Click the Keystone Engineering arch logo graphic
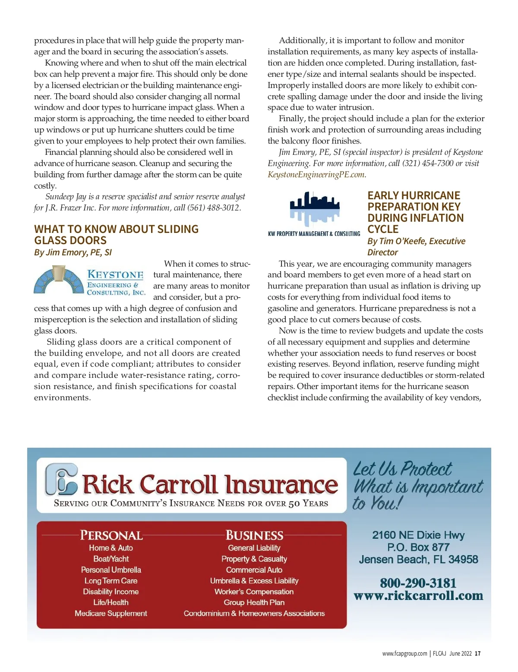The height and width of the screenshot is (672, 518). [x=59, y=280]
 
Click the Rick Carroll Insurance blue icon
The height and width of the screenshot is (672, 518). [x=62, y=479]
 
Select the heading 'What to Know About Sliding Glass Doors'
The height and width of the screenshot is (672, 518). [x=116, y=235]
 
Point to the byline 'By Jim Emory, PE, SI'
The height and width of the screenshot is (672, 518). [x=73, y=252]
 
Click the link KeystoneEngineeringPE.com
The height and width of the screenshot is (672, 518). [x=316, y=175]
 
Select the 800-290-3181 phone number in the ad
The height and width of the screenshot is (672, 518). [x=418, y=583]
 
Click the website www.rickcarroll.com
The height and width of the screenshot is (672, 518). [x=418, y=596]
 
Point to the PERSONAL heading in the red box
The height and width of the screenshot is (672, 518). [x=111, y=535]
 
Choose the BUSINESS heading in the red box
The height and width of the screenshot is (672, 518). [x=254, y=535]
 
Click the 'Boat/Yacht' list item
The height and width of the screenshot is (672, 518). [x=111, y=559]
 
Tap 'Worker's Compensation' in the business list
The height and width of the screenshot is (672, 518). [x=254, y=592]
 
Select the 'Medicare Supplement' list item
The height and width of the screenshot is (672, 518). [x=111, y=613]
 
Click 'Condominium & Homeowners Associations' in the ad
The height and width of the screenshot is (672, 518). [x=254, y=613]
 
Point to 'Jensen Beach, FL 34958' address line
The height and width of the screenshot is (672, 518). [x=418, y=559]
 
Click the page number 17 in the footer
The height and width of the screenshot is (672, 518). [x=477, y=653]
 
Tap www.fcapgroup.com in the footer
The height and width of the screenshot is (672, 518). [x=404, y=653]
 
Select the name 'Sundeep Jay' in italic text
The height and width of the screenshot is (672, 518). [x=66, y=197]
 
